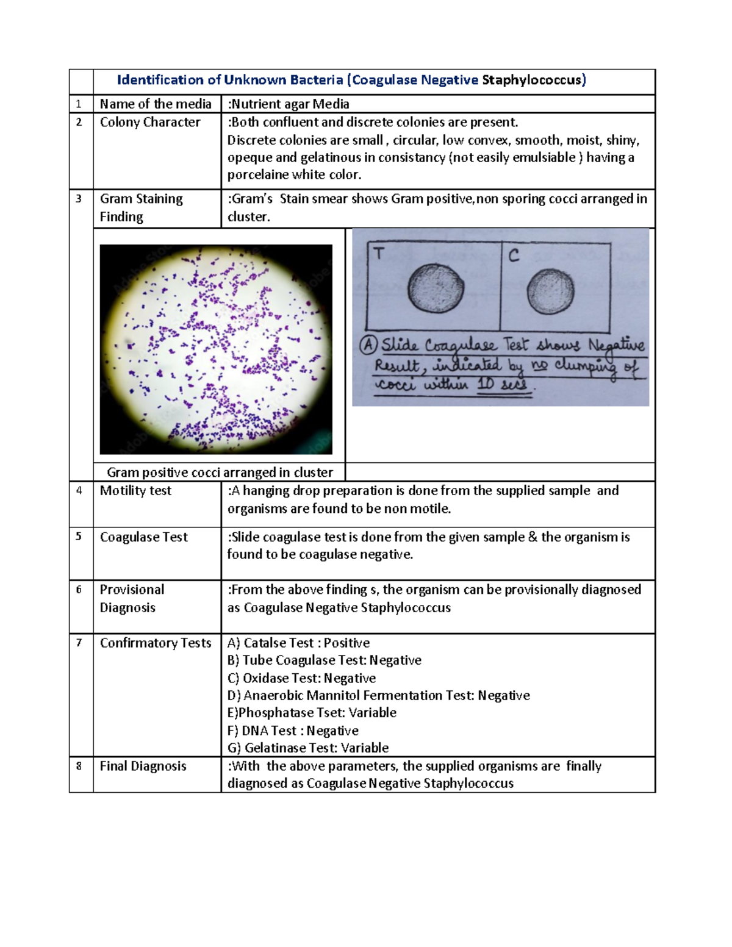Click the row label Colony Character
pos(150,122)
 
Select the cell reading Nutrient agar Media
pos(288,104)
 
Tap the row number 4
pos(79,490)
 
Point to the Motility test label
pos(135,490)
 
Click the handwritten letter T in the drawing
pos(379,254)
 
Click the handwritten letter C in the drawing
pos(514,256)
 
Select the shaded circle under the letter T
pos(436,288)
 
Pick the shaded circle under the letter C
pos(550,291)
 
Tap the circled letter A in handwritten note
pos(368,345)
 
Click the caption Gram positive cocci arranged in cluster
pos(220,472)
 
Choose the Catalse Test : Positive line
pos(298,643)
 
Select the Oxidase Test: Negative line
pos(301,678)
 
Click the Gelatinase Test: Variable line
pos(308,748)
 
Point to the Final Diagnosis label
pos(143,766)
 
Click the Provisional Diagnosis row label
pos(132,598)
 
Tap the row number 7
pos(79,643)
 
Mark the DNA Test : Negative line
pos(293,731)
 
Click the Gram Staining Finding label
pos(141,207)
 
